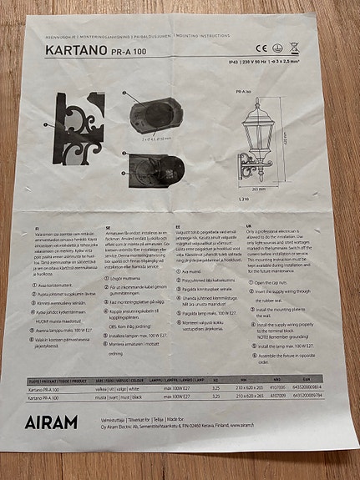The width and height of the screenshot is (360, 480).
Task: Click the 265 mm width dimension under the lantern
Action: (258, 188)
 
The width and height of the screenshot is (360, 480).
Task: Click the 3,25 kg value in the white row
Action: (216, 388)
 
